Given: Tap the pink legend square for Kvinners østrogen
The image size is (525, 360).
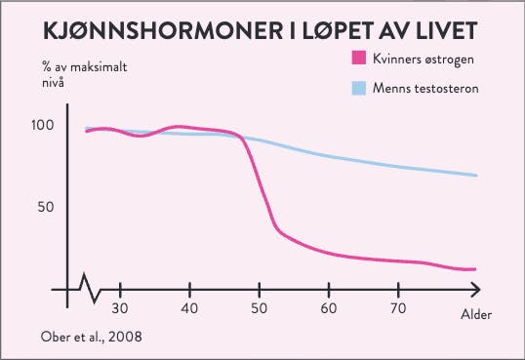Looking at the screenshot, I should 358,61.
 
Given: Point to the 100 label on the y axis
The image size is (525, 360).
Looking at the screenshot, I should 44,126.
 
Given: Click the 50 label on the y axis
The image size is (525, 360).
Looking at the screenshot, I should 48,208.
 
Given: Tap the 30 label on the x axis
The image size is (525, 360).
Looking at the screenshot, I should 119,308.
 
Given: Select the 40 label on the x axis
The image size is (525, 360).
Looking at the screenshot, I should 189,308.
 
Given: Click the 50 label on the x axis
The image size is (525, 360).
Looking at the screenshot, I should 259,308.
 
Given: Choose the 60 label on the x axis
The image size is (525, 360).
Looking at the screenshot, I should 329,308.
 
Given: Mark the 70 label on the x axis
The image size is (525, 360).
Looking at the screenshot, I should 398,308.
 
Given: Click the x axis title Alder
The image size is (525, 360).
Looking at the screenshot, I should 475,315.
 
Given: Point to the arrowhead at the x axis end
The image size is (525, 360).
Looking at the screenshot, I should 474,291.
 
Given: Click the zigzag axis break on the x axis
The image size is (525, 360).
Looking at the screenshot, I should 89,290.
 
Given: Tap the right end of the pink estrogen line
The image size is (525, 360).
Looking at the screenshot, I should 474,268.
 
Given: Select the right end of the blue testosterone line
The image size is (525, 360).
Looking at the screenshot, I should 476,176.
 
